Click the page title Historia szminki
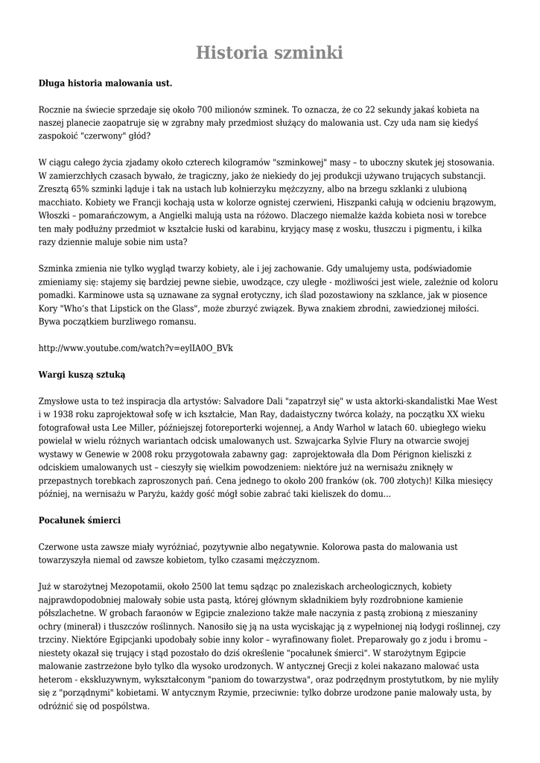pos(270,53)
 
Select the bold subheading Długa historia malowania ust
pos(105,83)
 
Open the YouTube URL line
pos(136,348)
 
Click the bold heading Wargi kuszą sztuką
pos(82,375)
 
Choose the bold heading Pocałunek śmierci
pos(79,520)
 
